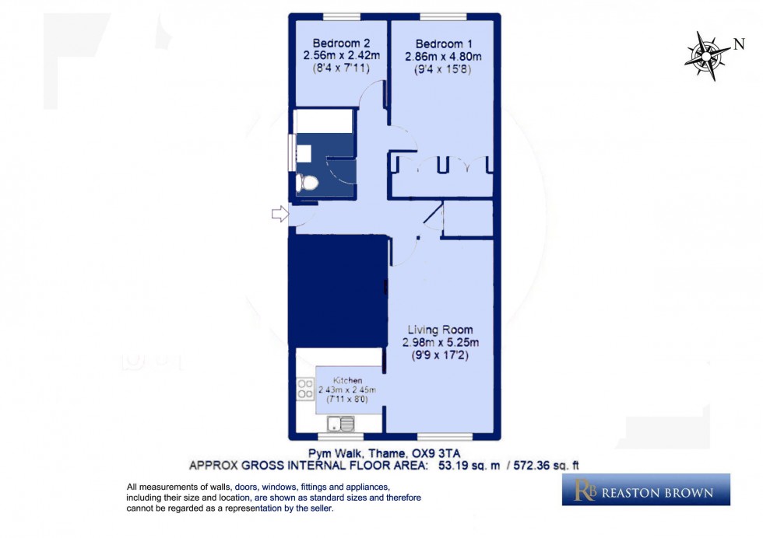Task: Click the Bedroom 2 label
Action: point(335,42)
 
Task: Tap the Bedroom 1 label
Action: point(443,43)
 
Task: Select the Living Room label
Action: point(440,330)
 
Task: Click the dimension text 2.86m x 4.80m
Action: point(443,56)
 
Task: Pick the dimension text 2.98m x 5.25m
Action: point(440,343)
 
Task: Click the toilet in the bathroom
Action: point(308,183)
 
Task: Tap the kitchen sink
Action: point(341,424)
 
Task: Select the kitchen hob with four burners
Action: point(305,390)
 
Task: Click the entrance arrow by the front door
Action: point(279,214)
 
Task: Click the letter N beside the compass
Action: point(738,44)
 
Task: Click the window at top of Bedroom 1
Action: point(443,16)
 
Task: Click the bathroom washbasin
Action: point(304,152)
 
